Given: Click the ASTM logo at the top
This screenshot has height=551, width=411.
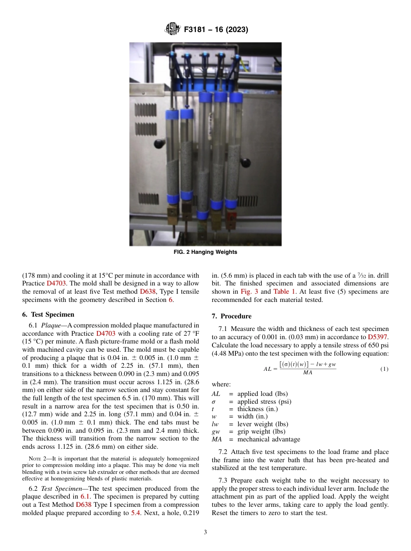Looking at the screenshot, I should coord(172,29).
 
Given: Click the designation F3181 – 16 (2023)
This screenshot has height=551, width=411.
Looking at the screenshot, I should coord(215,30).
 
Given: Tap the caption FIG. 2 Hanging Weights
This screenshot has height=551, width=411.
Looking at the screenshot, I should coord(205,252).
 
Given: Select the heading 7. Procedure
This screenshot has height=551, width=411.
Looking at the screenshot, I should coord(231,316).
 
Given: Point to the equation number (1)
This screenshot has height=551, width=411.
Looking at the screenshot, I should coord(384,369).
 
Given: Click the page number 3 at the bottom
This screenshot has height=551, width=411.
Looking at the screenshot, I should coord(205,532).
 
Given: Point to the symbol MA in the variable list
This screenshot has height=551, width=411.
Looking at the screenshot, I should coord(216,439).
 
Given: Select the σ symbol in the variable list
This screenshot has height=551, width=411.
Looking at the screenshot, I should coord(214,402).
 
